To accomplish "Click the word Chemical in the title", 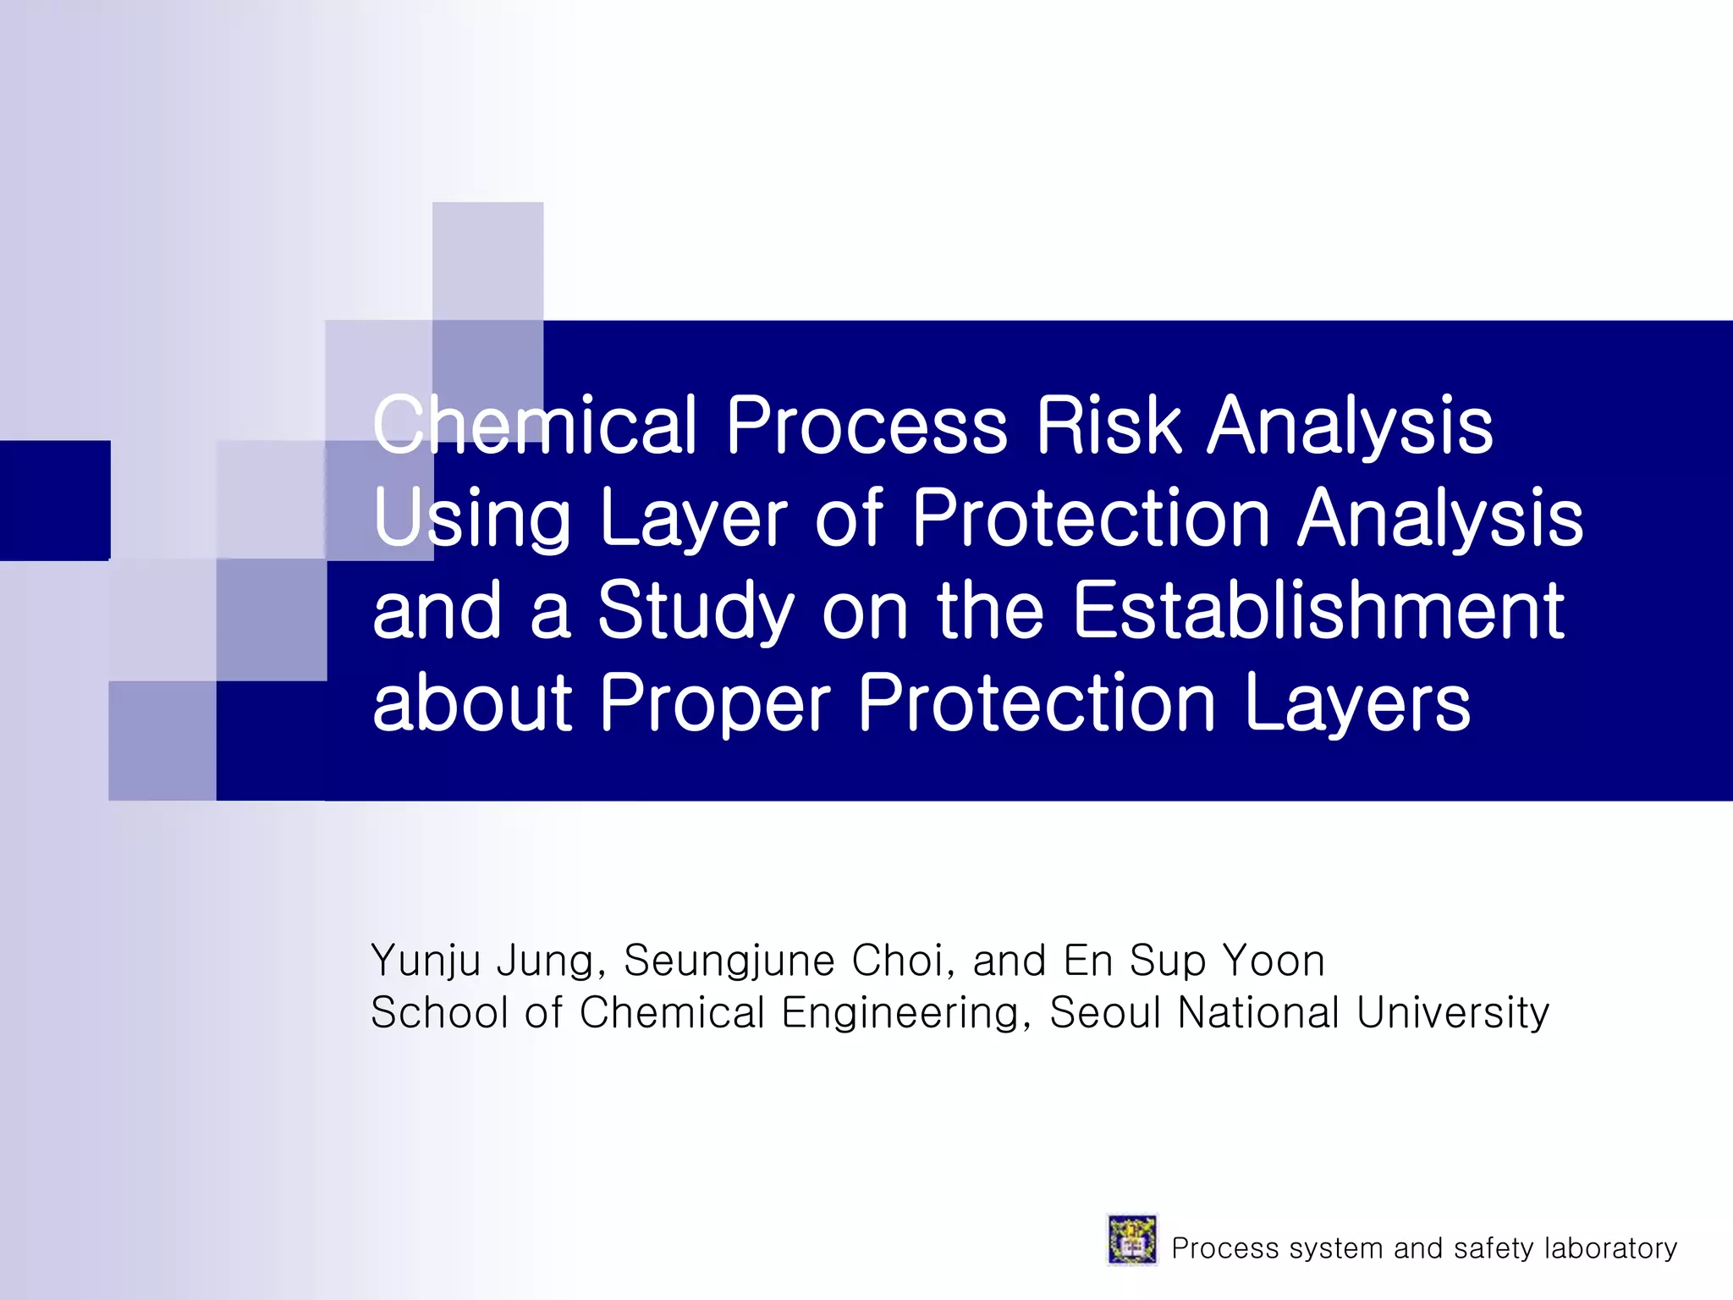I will click(x=535, y=425).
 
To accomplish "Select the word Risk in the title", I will click(x=1108, y=425).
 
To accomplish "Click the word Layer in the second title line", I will click(x=693, y=520).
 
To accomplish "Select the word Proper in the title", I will click(x=716, y=704).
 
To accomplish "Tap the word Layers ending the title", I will click(x=1357, y=704).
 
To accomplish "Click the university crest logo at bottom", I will click(x=1131, y=1240).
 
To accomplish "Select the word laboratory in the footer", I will click(x=1610, y=1248).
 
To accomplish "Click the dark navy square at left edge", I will click(x=55, y=500).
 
